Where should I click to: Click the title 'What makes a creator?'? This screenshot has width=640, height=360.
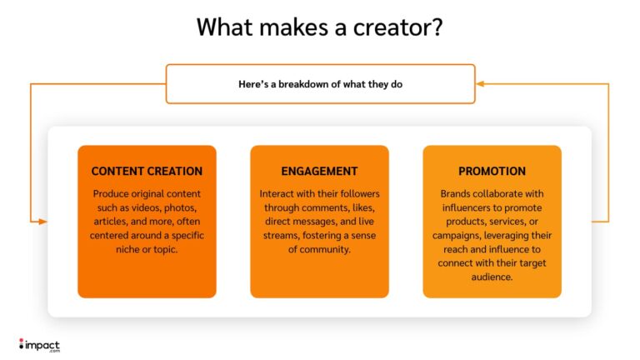[x=320, y=27]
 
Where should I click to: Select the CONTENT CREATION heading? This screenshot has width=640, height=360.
[x=147, y=171]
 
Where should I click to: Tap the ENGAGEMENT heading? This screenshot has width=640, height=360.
[x=319, y=171]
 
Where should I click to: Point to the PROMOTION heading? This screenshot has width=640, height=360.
[x=492, y=171]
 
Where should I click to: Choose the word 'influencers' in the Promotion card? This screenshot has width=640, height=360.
[x=469, y=207]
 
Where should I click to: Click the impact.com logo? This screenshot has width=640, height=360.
[x=39, y=344]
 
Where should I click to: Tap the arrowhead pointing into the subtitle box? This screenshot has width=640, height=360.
[x=480, y=83]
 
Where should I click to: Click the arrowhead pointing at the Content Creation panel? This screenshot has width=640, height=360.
[x=43, y=221]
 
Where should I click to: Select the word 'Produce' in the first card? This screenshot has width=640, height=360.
[x=111, y=193]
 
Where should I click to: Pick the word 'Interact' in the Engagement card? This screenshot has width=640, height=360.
[x=277, y=193]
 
